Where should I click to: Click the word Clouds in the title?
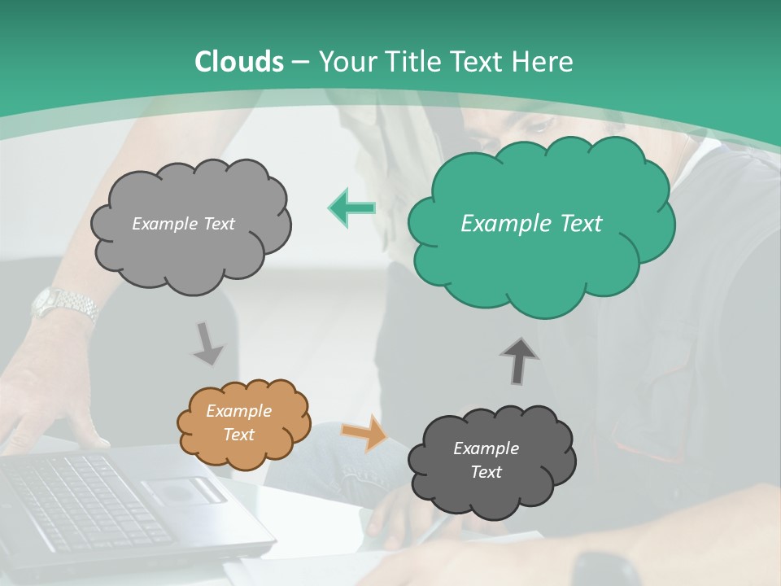tap(239, 62)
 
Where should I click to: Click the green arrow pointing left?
tap(351, 208)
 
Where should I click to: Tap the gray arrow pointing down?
tap(207, 343)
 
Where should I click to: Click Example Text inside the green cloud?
tap(531, 224)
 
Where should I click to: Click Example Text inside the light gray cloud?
tap(183, 224)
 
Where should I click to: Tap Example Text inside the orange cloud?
tap(239, 423)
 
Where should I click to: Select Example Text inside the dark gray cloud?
tap(486, 460)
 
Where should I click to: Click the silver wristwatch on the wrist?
tap(65, 304)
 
